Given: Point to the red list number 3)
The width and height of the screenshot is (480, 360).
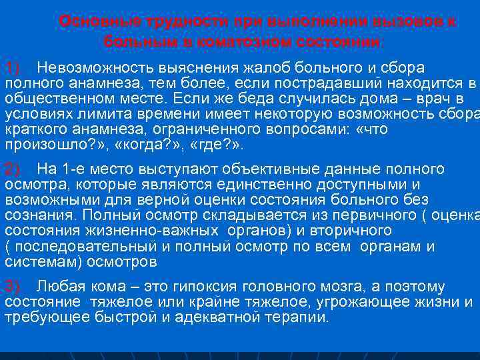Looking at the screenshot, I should click(13, 287).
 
